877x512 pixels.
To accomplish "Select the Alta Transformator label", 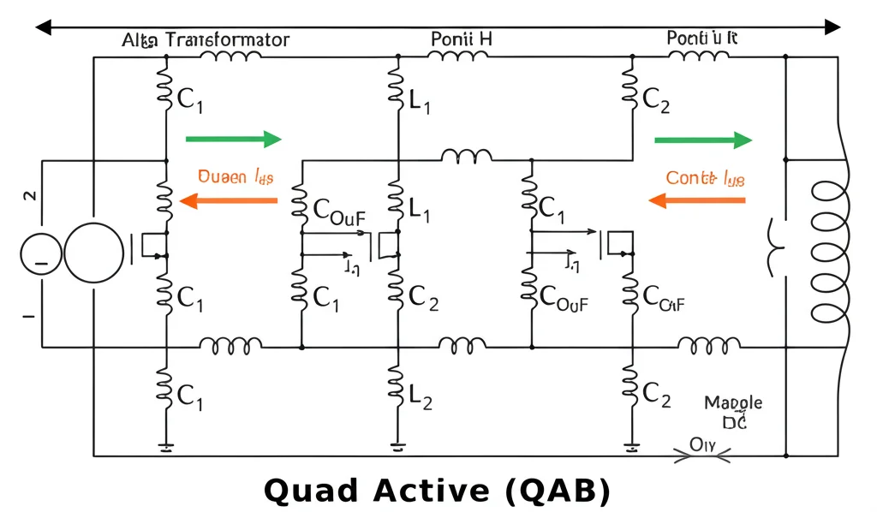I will pyautogui.click(x=206, y=39).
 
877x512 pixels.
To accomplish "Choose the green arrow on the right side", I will pyautogui.click(x=703, y=140).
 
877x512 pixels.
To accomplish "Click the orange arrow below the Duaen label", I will pyautogui.click(x=230, y=201).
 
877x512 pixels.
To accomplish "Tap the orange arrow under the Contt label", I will pyautogui.click(x=696, y=201).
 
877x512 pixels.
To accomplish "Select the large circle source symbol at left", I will pyautogui.click(x=94, y=253).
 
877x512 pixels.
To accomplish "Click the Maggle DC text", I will pyautogui.click(x=733, y=411).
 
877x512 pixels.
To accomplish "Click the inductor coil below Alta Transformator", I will pyautogui.click(x=230, y=57).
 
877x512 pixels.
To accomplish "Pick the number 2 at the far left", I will pyautogui.click(x=30, y=196).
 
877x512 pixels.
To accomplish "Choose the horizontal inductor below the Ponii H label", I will pyautogui.click(x=458, y=57).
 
